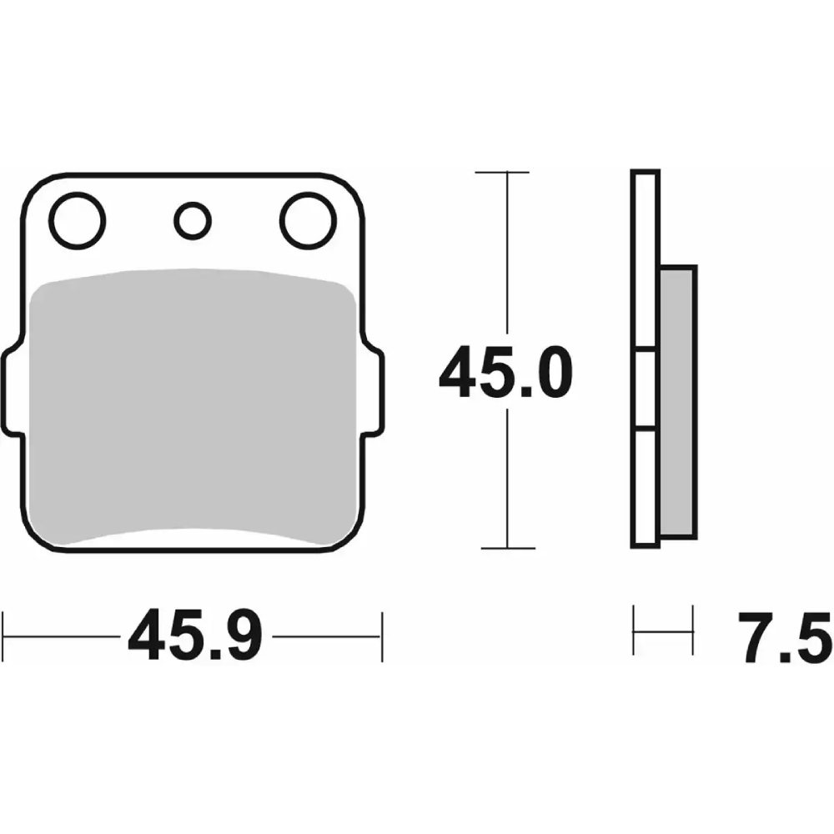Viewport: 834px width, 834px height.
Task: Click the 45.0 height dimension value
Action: click(x=505, y=372)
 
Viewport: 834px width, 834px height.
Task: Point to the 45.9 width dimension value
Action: click(x=195, y=635)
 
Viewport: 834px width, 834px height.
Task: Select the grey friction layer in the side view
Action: click(x=677, y=402)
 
